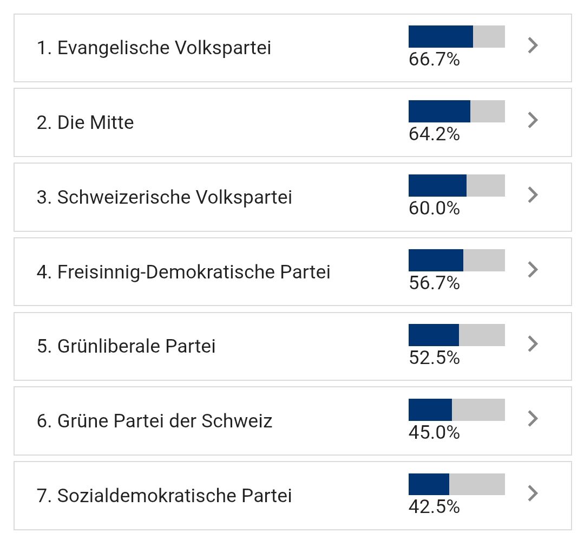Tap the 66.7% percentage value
tap(434, 60)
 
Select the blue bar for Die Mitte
tap(439, 111)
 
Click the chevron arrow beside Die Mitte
tap(533, 120)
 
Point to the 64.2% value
tap(434, 134)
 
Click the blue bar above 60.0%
tap(437, 185)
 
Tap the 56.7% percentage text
tap(434, 283)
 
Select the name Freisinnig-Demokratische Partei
tap(183, 272)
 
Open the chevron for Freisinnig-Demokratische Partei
tap(533, 269)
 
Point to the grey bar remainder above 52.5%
tap(482, 335)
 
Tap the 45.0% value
tap(434, 432)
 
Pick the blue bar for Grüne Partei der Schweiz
tap(430, 410)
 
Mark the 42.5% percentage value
tap(434, 507)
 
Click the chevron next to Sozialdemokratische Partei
tap(533, 493)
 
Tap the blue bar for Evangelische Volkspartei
tap(441, 36)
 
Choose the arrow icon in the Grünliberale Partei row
tap(533, 343)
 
